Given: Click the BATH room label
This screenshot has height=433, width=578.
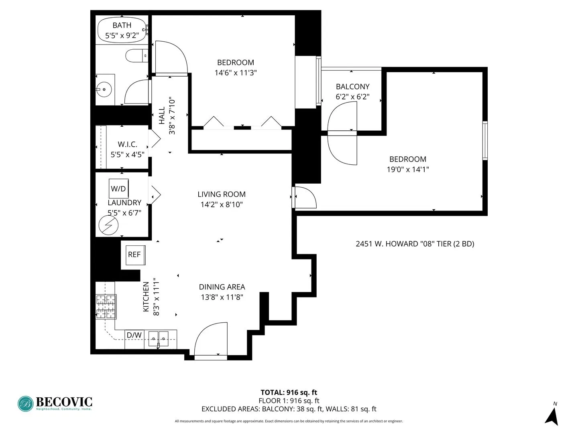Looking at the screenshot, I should tap(122, 25).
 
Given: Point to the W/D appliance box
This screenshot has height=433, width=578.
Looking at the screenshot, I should tap(119, 188).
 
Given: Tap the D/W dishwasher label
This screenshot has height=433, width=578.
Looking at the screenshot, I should tap(134, 335).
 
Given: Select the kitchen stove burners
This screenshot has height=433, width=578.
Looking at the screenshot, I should tap(106, 307).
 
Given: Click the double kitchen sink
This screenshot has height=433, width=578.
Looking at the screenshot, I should tap(158, 339).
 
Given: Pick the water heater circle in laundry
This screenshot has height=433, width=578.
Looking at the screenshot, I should tap(109, 226).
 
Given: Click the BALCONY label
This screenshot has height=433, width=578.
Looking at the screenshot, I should tap(352, 87).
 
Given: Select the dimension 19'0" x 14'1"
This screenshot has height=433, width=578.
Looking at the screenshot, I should tap(407, 170).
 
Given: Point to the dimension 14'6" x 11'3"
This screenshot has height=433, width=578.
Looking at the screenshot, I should tap(236, 73).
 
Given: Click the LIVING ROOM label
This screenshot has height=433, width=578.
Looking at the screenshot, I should tap(222, 194).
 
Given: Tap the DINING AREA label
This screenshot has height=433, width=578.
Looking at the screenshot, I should tap(222, 287).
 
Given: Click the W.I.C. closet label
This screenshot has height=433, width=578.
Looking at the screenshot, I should tap(127, 144).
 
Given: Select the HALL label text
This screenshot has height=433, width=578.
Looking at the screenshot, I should tap(162, 115).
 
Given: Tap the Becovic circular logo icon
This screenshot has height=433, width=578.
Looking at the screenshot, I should tap(26, 404).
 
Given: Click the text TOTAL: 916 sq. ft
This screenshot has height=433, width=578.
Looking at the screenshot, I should tap(289, 393).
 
